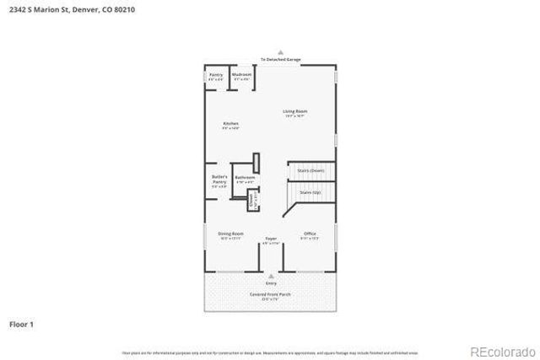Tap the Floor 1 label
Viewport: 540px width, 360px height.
[x=21, y=323]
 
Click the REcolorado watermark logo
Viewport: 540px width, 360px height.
[x=501, y=351]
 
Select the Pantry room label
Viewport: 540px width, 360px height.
[x=216, y=76]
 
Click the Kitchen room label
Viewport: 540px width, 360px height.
[x=230, y=125]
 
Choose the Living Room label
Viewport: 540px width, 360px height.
[x=294, y=113]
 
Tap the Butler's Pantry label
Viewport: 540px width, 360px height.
[x=219, y=179]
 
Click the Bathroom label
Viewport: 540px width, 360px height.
[x=245, y=179]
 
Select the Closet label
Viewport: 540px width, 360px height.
[x=251, y=200]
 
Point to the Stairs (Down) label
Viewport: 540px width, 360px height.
[x=311, y=171]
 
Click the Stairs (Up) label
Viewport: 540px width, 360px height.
[x=310, y=192]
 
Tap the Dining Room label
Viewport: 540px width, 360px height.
[x=231, y=234]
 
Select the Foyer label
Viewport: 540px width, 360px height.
[x=271, y=240]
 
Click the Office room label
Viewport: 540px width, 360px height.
[x=310, y=234]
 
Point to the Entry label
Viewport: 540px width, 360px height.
[x=271, y=283]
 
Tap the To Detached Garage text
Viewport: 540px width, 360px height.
[x=279, y=60]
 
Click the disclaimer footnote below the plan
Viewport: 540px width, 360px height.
[x=269, y=352]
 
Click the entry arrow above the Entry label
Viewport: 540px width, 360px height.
[x=271, y=276]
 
